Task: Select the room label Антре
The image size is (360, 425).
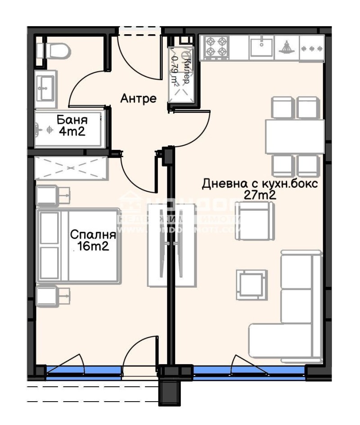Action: [x=138, y=98]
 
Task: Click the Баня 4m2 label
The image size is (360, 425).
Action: [x=72, y=126]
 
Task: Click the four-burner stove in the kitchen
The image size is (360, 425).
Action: [x=216, y=47]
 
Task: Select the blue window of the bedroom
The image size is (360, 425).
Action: [x=83, y=371]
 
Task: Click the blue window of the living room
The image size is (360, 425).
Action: [x=250, y=371]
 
